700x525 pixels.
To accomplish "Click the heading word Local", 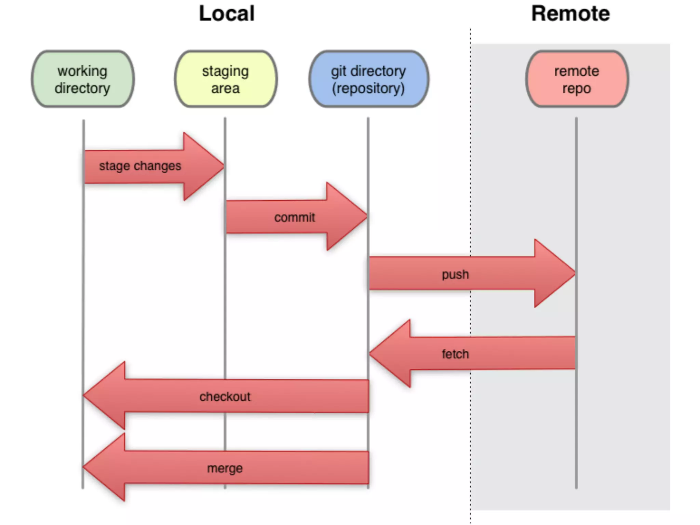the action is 227,13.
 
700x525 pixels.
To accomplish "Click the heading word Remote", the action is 570,13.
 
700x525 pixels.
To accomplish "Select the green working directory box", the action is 83,79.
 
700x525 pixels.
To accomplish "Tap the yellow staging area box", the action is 226,79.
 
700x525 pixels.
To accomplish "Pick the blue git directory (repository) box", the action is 368,79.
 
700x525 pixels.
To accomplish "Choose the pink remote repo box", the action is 577,79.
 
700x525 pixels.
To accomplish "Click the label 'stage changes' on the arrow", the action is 140,166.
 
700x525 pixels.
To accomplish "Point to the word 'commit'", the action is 295,217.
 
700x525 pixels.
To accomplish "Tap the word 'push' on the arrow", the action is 455,274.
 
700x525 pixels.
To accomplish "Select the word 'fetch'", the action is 455,354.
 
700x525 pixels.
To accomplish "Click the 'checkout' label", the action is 225,396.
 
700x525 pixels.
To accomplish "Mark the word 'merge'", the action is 225,468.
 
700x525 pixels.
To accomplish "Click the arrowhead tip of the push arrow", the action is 575,273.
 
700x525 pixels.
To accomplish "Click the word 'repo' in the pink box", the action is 577,89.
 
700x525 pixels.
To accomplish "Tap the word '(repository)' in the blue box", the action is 368,89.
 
